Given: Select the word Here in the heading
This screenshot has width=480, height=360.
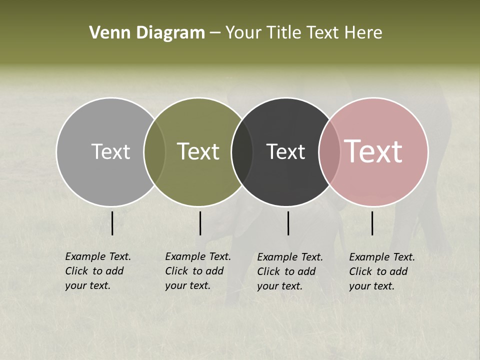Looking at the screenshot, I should coord(364,33).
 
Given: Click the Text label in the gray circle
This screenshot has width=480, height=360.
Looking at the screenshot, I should coord(110,151).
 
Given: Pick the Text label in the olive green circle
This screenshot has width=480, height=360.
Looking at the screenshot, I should coord(198,151).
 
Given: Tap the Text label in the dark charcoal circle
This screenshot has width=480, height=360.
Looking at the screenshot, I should coord(285,151).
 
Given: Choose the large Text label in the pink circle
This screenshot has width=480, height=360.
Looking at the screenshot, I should coord(373,151).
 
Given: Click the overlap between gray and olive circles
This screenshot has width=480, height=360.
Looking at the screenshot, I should coord(154,152).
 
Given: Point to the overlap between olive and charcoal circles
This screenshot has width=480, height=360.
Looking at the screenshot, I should coord(242,152).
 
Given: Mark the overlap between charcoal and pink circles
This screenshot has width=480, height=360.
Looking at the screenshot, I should coord(329,152).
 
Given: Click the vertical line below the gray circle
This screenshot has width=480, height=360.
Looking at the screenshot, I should coord(112,223).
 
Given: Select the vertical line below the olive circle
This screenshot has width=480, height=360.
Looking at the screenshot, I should coord(200,223).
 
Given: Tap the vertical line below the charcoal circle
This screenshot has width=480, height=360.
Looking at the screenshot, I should coord(288,223).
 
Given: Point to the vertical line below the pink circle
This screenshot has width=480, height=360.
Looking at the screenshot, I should coord(372,223).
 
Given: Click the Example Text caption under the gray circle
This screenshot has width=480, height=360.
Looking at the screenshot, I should coord(97,271).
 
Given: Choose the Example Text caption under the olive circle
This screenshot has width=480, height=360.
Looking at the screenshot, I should coord(197,271).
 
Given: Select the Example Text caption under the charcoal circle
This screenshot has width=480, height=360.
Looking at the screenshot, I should coord(289,271).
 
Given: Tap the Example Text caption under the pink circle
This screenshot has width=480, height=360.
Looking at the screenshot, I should coord(381,271).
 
